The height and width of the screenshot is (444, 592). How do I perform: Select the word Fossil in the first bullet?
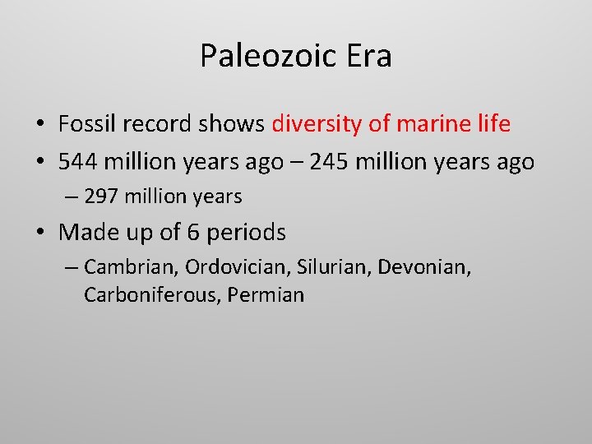coord(86,124)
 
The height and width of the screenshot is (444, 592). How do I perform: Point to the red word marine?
coord(425,124)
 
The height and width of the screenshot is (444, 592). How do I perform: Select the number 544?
coord(78,162)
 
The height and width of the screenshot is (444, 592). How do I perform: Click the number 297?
coord(101,197)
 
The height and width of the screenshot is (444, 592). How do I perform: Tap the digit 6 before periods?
coord(193,233)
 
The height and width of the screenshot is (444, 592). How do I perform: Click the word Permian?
coord(266,295)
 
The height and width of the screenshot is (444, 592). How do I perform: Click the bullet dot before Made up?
coord(39,234)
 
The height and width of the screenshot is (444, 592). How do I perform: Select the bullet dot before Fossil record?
coord(39,125)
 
